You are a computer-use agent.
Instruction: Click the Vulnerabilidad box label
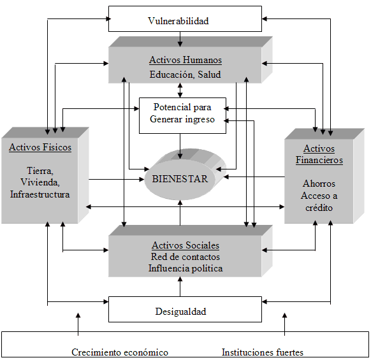click(x=178, y=21)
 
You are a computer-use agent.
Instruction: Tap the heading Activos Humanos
click(x=185, y=60)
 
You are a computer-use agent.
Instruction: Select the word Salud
click(x=209, y=75)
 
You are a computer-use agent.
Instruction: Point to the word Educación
click(x=173, y=75)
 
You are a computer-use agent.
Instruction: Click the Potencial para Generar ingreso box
click(x=182, y=116)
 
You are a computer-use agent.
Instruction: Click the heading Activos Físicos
click(x=40, y=147)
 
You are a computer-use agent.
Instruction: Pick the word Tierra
click(x=40, y=171)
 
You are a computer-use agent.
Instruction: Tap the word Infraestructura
click(x=40, y=194)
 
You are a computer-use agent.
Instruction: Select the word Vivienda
click(x=40, y=182)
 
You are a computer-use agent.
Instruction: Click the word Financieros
click(x=319, y=160)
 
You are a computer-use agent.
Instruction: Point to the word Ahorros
click(x=319, y=184)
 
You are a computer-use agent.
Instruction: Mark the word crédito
click(x=319, y=208)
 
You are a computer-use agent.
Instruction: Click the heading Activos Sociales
click(x=185, y=245)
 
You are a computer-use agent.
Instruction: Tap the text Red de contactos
click(x=185, y=257)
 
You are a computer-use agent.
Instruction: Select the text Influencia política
click(x=185, y=268)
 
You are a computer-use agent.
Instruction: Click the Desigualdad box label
click(x=180, y=312)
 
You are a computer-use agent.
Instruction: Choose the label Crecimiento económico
click(x=120, y=352)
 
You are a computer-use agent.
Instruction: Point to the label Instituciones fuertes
click(x=263, y=352)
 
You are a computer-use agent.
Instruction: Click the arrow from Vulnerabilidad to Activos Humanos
click(x=180, y=39)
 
